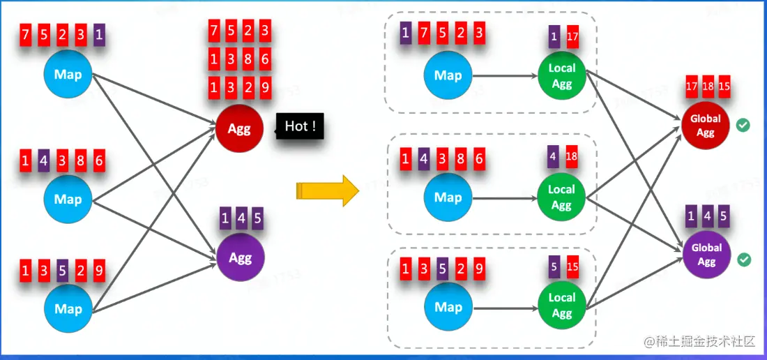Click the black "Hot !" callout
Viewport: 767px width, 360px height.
(301, 126)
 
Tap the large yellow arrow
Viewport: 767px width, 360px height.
(326, 190)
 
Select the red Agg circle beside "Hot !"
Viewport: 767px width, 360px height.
(240, 128)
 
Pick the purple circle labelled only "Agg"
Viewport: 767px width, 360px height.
(240, 258)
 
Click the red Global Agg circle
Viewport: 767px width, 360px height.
(706, 126)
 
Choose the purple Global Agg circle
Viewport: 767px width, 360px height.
(706, 255)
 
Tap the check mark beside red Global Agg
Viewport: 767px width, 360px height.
(743, 126)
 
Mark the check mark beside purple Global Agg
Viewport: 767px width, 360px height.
(744, 260)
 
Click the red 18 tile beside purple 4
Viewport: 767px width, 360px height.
(572, 156)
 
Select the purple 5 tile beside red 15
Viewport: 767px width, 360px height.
(554, 266)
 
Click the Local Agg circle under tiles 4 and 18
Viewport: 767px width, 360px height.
(561, 197)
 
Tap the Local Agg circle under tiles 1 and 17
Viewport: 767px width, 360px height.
(561, 76)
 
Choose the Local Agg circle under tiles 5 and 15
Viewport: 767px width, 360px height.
(561, 305)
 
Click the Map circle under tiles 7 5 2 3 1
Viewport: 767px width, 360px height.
(68, 75)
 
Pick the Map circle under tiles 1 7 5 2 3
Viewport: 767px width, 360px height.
(448, 76)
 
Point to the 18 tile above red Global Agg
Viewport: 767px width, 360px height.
(708, 87)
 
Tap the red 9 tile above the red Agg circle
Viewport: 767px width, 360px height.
(265, 88)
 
